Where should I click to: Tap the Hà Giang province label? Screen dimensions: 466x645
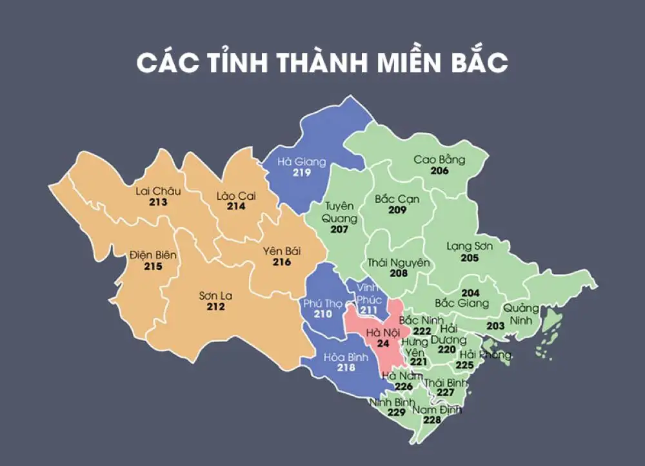click(301, 162)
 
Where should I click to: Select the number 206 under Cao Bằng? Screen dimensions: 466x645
click(439, 171)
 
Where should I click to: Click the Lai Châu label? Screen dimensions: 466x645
click(158, 191)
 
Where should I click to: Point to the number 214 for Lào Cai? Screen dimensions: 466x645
click(236, 207)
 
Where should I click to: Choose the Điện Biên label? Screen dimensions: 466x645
click(152, 255)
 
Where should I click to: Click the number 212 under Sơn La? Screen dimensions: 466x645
click(215, 307)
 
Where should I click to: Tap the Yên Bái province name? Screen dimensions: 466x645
click(282, 251)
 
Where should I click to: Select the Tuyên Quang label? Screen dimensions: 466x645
click(339, 211)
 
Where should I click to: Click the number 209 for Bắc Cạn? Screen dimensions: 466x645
click(397, 210)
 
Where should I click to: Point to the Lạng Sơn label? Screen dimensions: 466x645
click(470, 246)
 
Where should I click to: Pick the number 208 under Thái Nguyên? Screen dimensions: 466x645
click(399, 273)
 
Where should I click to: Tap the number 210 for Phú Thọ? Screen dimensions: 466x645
click(322, 314)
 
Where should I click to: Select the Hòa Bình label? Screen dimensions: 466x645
click(346, 356)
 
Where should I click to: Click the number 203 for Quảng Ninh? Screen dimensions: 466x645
click(495, 326)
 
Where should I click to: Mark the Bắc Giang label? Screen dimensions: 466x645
click(462, 303)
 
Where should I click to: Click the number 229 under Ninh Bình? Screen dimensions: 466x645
click(396, 413)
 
